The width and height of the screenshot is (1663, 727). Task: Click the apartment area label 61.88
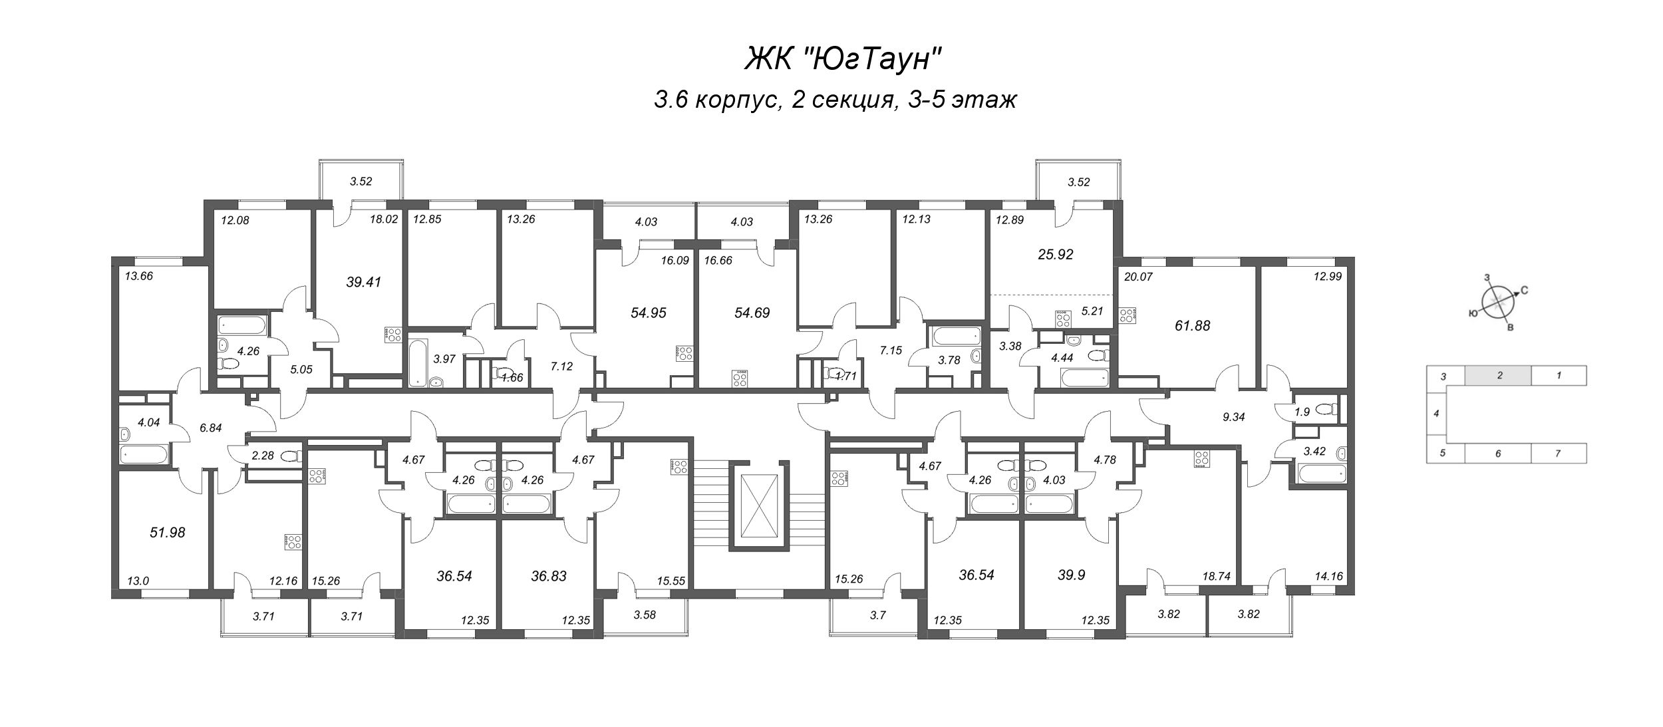click(1192, 326)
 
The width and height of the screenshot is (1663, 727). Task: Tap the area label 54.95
click(648, 313)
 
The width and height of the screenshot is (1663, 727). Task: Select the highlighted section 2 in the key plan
click(1499, 376)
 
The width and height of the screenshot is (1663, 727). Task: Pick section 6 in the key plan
click(1497, 454)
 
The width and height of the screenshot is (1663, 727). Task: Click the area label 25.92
click(1056, 255)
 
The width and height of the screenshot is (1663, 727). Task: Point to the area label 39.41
click(363, 282)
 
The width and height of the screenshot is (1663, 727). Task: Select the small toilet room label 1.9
click(1302, 412)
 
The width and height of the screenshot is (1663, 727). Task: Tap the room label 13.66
click(138, 276)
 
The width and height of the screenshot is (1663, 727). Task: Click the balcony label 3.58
click(644, 615)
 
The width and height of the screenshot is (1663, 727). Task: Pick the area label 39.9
click(1071, 575)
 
